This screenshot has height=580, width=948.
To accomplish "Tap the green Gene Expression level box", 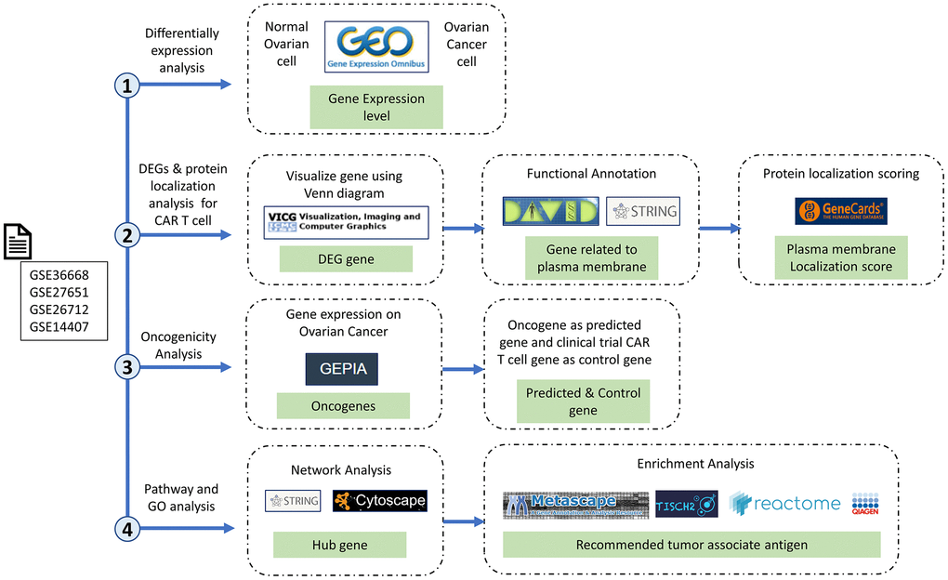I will (x=376, y=107).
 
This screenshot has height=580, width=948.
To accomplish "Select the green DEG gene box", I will (x=346, y=259).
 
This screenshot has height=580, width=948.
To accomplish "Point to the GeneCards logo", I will (x=840, y=211).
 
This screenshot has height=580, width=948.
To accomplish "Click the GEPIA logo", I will (x=342, y=369).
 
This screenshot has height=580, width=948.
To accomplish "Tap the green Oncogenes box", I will (x=343, y=405).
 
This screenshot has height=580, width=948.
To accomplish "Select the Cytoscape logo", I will (x=379, y=501).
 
